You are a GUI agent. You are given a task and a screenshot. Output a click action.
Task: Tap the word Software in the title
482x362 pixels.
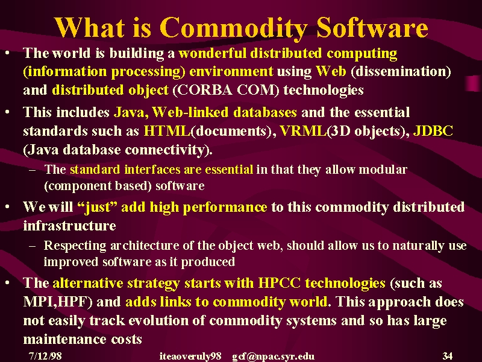click(x=372, y=27)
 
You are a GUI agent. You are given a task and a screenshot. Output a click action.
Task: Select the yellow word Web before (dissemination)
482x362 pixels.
click(x=331, y=71)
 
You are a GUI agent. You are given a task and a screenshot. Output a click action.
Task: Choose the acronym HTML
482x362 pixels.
click(x=167, y=131)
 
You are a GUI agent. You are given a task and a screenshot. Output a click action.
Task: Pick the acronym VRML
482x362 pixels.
click(x=303, y=131)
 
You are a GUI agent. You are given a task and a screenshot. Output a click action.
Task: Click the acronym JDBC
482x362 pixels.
click(x=433, y=131)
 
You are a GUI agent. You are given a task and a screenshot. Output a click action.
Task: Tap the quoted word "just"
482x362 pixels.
click(x=98, y=207)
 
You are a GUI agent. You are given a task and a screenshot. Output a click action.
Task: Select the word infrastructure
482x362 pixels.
click(x=69, y=226)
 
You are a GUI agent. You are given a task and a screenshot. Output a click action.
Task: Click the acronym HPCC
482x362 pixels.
click(x=279, y=283)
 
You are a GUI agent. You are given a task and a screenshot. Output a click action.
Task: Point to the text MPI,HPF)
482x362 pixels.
click(x=58, y=302)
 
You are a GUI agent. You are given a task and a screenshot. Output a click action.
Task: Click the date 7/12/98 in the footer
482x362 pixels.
click(x=45, y=356)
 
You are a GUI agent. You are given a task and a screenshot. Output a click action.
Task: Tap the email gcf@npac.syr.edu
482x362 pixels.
click(x=274, y=357)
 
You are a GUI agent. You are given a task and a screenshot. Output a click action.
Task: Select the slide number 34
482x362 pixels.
click(x=448, y=356)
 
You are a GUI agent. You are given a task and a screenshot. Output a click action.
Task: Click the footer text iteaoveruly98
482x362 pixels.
click(x=190, y=357)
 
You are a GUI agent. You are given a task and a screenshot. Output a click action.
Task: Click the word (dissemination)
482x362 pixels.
click(x=401, y=71)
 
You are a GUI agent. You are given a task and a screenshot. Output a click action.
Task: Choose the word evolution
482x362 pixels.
click(x=158, y=320)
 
